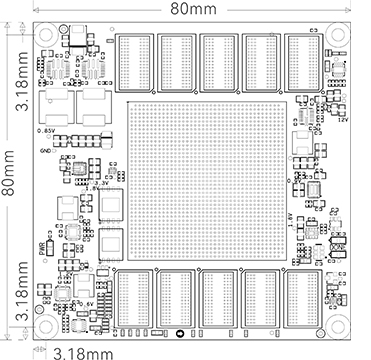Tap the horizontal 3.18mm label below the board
point(83,351)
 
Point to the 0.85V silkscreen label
point(46,131)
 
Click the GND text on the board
point(45,151)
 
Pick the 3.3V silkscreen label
point(101,183)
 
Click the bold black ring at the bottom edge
point(179,334)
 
